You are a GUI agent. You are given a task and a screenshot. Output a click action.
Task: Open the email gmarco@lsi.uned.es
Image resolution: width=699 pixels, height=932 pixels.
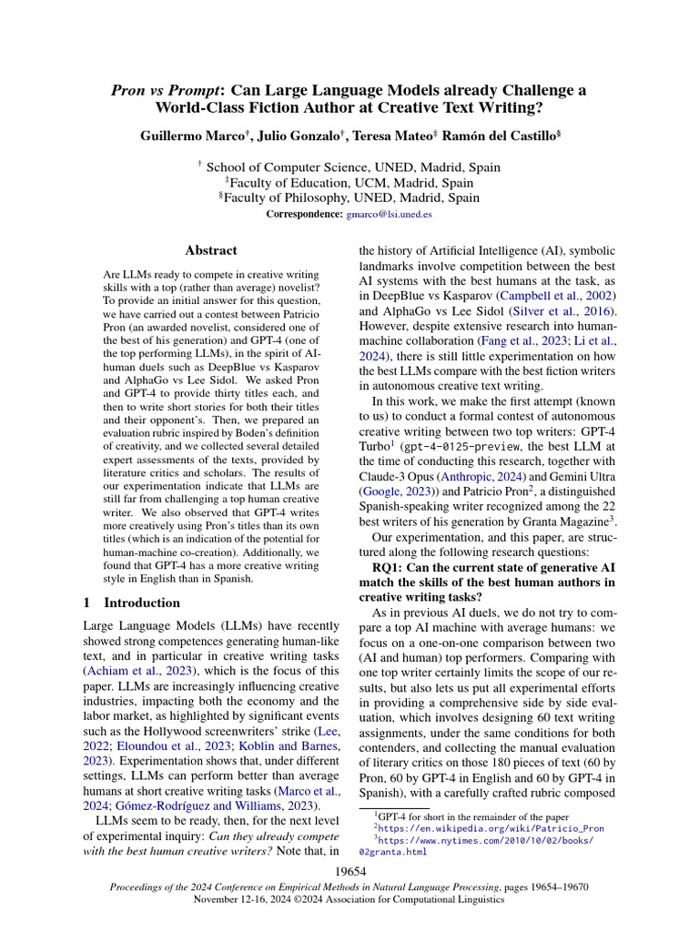click(x=390, y=214)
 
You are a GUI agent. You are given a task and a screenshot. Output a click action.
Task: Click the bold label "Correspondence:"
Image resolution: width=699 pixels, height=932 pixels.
click(x=305, y=214)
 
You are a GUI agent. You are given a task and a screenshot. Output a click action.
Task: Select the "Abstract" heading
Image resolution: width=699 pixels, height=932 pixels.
click(x=210, y=250)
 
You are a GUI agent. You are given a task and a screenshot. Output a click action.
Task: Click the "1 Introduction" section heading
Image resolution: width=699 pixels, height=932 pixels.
click(x=132, y=603)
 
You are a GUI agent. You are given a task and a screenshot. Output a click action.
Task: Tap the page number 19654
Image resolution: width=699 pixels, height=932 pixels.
click(x=349, y=872)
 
